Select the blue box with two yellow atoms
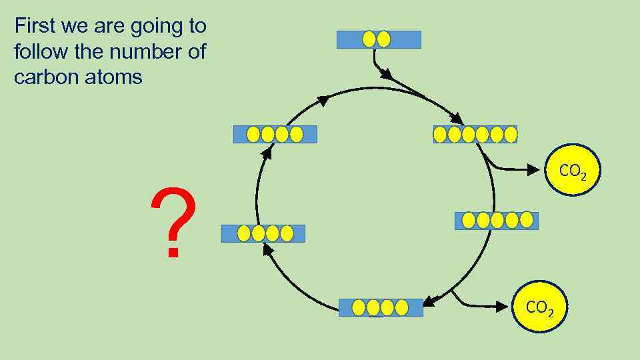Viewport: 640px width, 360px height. pyautogui.click(x=379, y=39)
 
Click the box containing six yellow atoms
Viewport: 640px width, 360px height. pyautogui.click(x=475, y=135)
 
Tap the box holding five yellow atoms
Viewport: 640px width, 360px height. pyautogui.click(x=496, y=220)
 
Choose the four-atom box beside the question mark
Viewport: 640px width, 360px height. pyautogui.click(x=263, y=233)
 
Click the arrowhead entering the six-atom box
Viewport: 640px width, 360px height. pyautogui.click(x=457, y=119)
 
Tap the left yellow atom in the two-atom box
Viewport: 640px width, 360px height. pyautogui.click(x=369, y=39)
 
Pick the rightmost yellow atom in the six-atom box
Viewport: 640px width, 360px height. pyautogui.click(x=511, y=135)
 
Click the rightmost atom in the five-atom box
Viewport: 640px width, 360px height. pyautogui.click(x=527, y=220)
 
